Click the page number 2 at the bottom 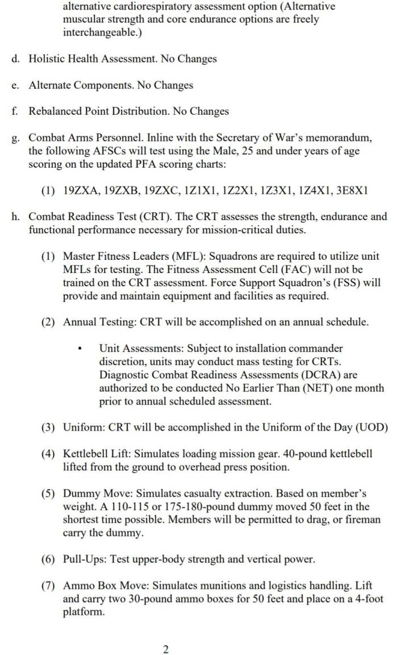tap(165, 649)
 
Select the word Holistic tap(49, 59)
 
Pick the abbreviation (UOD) tap(371, 428)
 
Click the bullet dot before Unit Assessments tap(81, 349)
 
